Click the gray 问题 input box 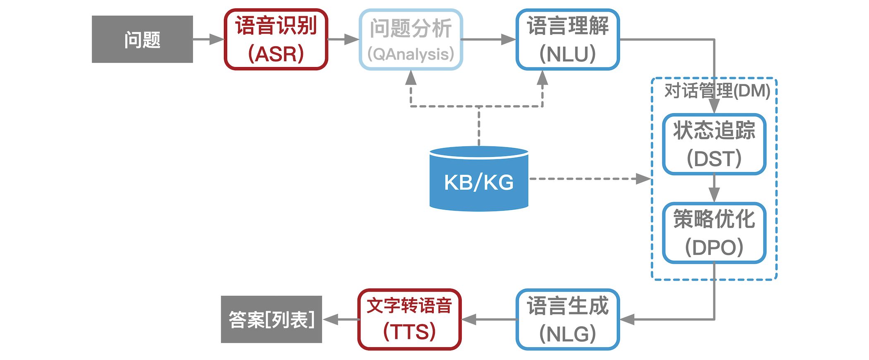point(142,39)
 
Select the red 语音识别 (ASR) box point(276,39)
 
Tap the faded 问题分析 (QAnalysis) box point(410,39)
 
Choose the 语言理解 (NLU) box point(568,39)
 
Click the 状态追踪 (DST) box point(714,144)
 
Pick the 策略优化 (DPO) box point(714,233)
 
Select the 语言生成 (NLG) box point(568,319)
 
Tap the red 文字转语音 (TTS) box point(409,319)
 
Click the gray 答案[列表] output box point(271,319)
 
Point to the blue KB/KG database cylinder point(479,179)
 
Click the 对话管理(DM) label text point(717,91)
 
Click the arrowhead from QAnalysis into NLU point(509,39)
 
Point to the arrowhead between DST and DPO point(714,194)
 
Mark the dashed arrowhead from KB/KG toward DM point(643,179)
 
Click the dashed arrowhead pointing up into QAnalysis point(410,78)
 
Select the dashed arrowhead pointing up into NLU point(542,78)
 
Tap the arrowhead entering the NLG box point(627,319)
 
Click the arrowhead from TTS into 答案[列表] point(331,319)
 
